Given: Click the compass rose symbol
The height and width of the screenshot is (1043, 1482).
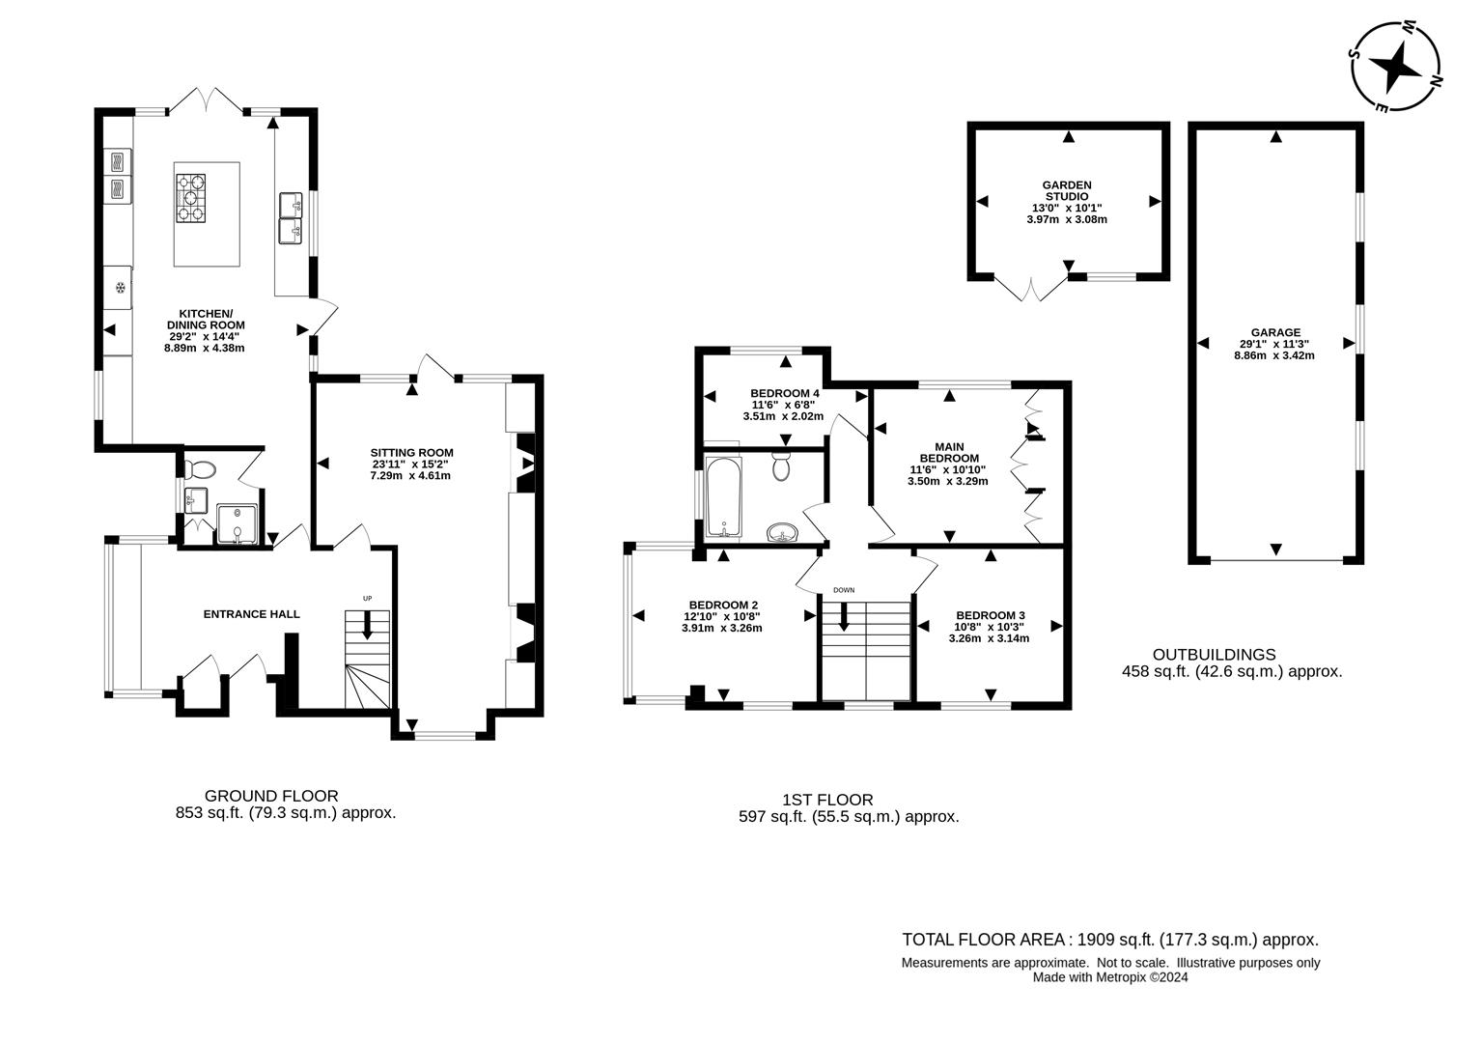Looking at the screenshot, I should click(1396, 67).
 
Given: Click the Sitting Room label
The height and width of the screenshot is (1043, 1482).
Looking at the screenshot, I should click(411, 452).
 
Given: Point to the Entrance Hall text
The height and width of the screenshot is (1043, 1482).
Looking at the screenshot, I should click(251, 614).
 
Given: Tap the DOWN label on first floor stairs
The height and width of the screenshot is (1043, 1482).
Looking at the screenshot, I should click(844, 590).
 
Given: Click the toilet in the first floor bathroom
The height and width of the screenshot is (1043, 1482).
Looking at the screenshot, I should click(782, 466).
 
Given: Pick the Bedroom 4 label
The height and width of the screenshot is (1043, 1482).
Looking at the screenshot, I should click(785, 393).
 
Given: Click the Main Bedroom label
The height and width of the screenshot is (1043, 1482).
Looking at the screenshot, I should click(948, 452).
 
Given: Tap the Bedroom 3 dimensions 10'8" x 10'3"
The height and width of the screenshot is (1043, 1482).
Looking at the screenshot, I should click(990, 627).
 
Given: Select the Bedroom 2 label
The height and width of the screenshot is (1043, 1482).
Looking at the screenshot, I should click(722, 605).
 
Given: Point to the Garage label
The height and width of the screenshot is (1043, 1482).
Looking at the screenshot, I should click(1276, 332).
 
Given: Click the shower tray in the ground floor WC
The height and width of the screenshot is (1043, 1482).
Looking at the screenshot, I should click(237, 524).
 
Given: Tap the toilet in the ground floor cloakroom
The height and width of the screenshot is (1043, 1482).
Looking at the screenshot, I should click(202, 470).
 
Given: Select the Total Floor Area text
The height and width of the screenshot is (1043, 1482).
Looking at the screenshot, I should click(1109, 940).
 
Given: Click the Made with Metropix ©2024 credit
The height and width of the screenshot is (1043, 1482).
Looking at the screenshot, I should click(1109, 977).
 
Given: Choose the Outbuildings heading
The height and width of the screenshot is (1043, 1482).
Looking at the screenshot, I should click(1214, 655).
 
